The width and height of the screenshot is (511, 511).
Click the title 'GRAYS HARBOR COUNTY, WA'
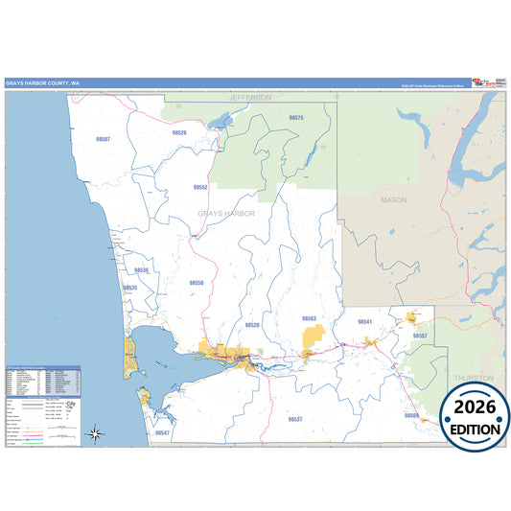42,83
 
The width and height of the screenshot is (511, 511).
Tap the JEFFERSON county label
250,98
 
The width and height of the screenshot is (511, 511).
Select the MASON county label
394,200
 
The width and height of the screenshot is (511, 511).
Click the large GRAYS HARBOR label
226,213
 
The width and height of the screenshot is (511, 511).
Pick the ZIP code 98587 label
103,139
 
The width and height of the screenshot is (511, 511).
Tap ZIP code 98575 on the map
296,117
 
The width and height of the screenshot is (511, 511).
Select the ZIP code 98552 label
200,188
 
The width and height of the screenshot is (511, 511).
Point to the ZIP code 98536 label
141,270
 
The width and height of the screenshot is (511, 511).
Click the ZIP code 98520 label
252,325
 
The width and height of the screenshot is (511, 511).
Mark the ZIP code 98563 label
309,317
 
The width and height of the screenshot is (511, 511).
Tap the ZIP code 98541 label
364,321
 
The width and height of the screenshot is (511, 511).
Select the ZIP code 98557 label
420,336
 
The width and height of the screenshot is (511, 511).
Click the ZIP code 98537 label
295,419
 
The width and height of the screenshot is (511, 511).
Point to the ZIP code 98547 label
162,433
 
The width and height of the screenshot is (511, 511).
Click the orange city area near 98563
314,337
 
